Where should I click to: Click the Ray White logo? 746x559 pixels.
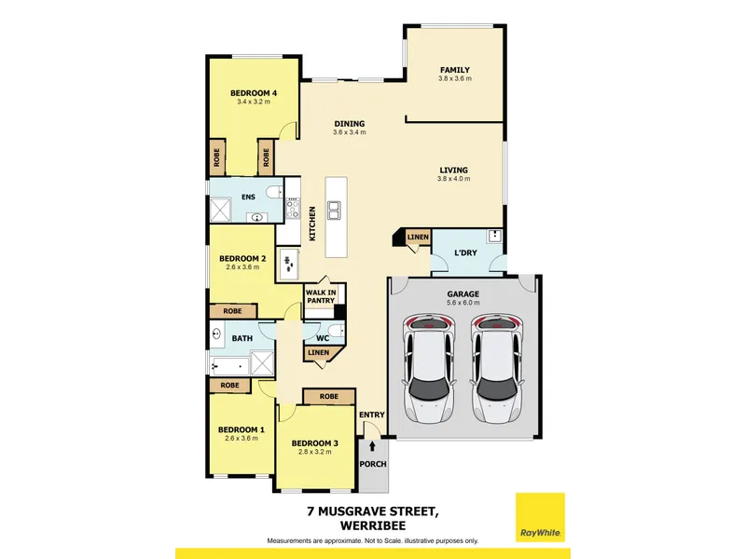540,518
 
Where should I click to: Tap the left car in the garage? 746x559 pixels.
429,368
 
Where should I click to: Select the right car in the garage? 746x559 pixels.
497,368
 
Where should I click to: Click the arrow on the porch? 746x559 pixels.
372,446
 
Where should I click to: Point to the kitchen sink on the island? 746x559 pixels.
334,211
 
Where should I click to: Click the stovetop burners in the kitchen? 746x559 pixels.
293,208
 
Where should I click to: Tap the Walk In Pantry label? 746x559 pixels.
321,296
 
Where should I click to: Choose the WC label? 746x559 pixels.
323,338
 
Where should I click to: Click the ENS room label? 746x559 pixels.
248,197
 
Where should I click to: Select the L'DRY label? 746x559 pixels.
465,252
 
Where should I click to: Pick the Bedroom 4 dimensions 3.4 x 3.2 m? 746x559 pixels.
254,102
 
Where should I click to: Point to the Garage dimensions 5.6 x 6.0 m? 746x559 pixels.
463,302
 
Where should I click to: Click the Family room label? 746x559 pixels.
455,70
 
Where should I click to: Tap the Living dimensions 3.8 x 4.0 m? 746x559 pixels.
453,179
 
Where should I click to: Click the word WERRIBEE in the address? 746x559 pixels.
373,525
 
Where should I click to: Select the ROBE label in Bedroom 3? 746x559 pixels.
329,397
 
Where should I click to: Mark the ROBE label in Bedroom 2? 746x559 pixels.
232,311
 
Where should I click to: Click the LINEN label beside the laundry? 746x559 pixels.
418,237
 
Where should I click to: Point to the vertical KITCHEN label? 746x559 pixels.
312,224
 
